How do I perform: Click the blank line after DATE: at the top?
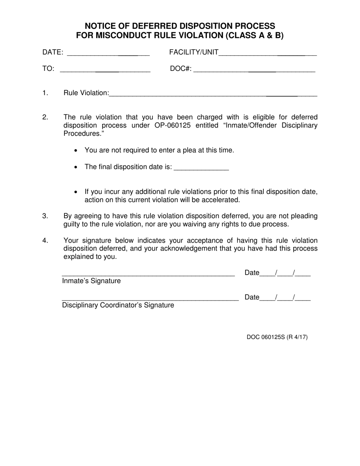[108, 53]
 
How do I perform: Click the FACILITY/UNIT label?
[194, 52]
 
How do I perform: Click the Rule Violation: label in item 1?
[86, 93]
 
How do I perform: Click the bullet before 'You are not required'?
[77, 151]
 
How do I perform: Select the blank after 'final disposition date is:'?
[201, 167]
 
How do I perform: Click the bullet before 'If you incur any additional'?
[77, 192]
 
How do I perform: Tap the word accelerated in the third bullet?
[221, 200]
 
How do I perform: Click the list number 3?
[45, 216]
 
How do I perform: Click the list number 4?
[45, 241]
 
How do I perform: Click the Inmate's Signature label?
[91, 281]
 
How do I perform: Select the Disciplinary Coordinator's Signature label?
[118, 305]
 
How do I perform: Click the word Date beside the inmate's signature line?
[252, 273]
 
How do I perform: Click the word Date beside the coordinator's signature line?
[252, 297]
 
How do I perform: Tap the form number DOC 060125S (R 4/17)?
[277, 337]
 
